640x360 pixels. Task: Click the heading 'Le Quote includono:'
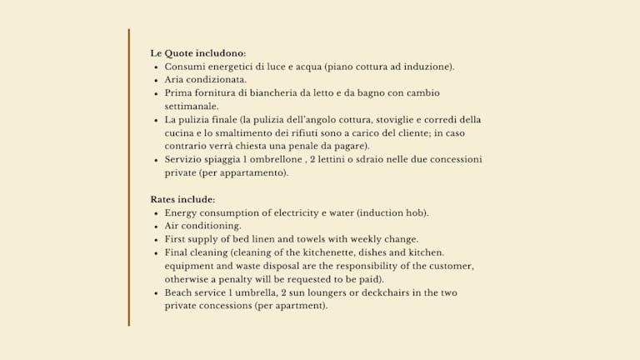point(197,53)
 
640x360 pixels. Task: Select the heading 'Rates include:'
point(182,200)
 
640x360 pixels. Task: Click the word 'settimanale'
point(191,107)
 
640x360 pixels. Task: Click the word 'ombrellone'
point(274,160)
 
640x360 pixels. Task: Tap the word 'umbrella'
point(259,293)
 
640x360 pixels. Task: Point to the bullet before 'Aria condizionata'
point(156,80)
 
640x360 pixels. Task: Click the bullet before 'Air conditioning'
point(156,227)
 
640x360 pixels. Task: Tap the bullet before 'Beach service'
point(156,293)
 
